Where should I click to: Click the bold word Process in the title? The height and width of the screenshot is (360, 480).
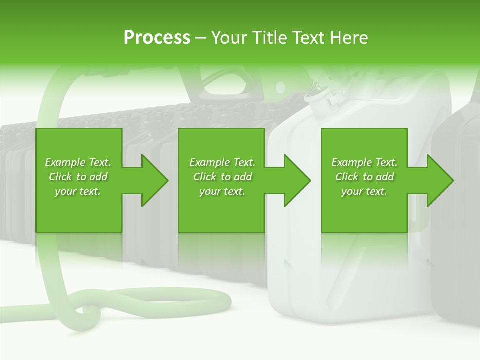click(157, 37)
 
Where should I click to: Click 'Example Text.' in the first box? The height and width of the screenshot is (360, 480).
click(78, 162)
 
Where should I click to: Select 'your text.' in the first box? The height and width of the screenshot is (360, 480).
click(78, 191)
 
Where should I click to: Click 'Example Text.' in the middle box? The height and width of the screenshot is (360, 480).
click(222, 162)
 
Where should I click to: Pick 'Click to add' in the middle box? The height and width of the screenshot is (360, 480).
click(222, 177)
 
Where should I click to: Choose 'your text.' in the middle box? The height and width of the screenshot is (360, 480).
click(222, 191)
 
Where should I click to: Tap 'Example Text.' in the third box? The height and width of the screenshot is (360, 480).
click(364, 162)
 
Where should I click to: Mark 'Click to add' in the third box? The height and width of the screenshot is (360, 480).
click(364, 177)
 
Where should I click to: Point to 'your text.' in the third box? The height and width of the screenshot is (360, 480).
click(364, 191)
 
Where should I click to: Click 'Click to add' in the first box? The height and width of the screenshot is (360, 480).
click(78, 177)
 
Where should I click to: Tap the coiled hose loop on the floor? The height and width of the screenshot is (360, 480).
click(150, 300)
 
